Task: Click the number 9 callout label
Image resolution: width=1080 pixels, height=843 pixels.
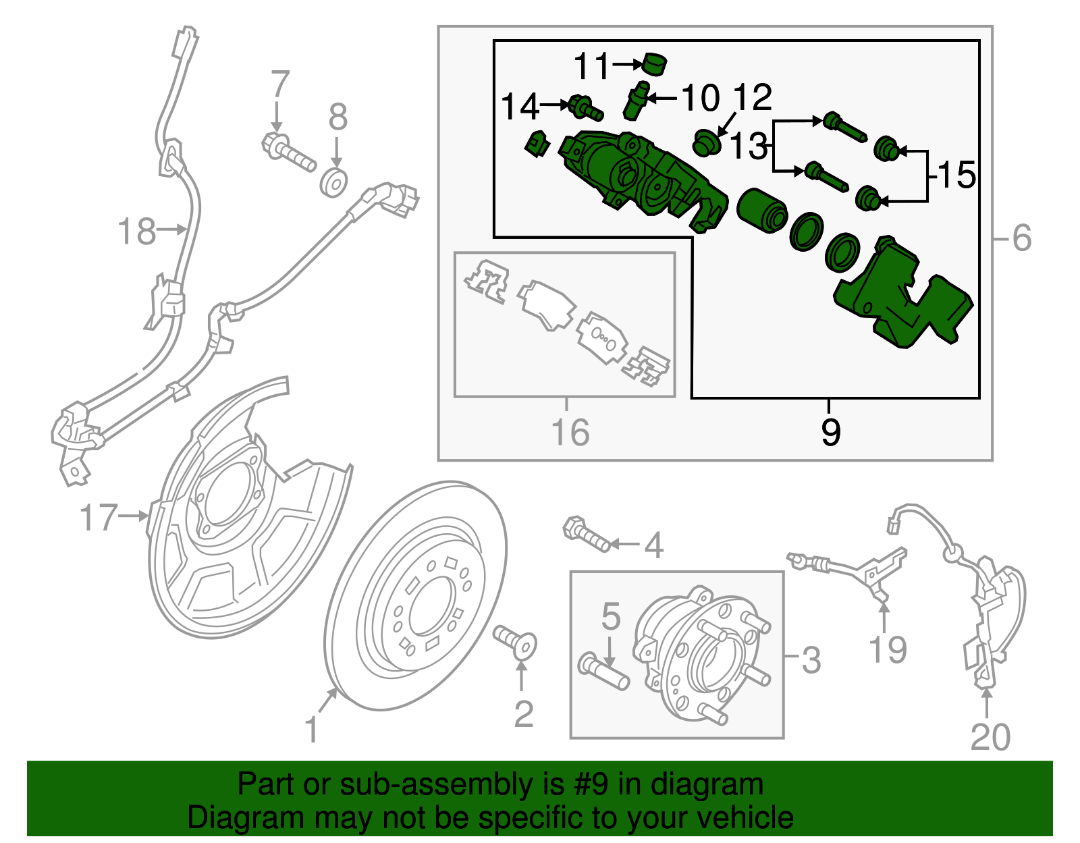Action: tap(831, 432)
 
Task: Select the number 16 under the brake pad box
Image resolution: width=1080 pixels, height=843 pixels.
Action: tap(570, 433)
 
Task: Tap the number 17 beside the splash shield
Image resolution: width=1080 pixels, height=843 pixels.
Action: tap(99, 518)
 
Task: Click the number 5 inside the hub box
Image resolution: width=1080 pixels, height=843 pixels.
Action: tap(610, 616)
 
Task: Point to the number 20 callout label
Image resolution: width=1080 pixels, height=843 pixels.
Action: tap(990, 737)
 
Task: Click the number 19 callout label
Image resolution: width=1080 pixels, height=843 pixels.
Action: tap(887, 649)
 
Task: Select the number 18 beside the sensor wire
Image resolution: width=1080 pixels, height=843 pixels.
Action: tap(136, 232)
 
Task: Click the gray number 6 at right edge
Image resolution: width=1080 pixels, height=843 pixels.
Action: tap(1022, 238)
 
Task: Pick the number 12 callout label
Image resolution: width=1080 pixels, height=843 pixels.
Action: tap(752, 98)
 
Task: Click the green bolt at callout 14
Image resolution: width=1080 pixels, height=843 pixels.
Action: tap(585, 107)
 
